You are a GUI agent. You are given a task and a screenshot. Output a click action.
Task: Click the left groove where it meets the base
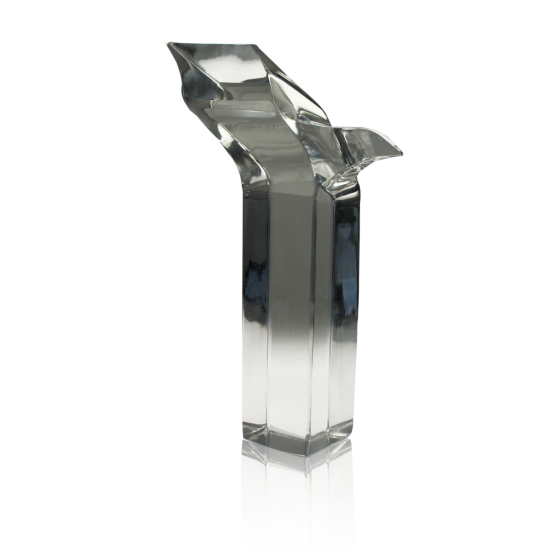(x=268, y=432)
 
